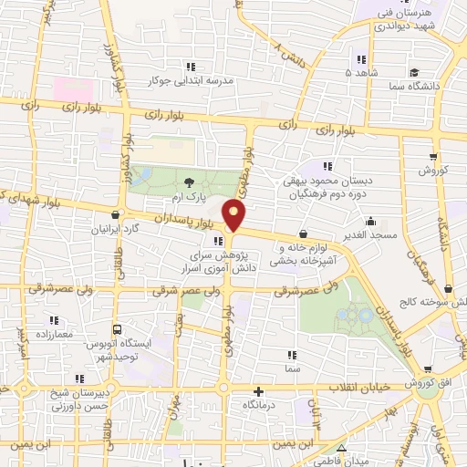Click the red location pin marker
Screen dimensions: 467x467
point(235,215)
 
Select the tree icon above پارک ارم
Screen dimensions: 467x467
point(189,182)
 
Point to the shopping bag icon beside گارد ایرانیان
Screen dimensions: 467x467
point(114,216)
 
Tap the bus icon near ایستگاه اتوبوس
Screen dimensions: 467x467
point(116,329)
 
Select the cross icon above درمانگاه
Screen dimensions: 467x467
point(258,389)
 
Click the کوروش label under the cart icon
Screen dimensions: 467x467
point(431,171)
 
